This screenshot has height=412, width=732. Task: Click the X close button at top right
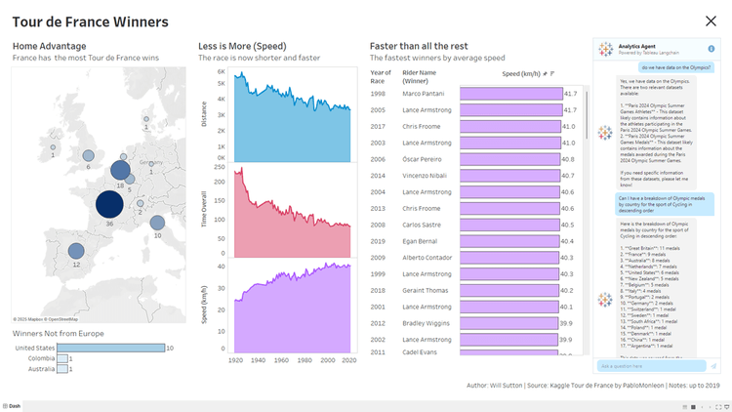tap(710, 21)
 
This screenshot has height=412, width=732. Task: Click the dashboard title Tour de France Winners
tap(90, 21)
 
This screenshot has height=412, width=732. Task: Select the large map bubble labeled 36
tap(109, 204)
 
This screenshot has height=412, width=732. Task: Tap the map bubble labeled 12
tap(76, 251)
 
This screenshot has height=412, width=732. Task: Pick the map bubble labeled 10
tap(157, 224)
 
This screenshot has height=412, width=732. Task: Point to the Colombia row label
tap(41, 358)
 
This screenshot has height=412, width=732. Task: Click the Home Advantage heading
tap(49, 46)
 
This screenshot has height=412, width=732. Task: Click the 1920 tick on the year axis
tap(236, 360)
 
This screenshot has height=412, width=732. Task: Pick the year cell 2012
tap(380, 322)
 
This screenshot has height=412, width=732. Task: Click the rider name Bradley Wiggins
tap(428, 322)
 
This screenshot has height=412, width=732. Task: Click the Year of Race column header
tap(381, 76)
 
